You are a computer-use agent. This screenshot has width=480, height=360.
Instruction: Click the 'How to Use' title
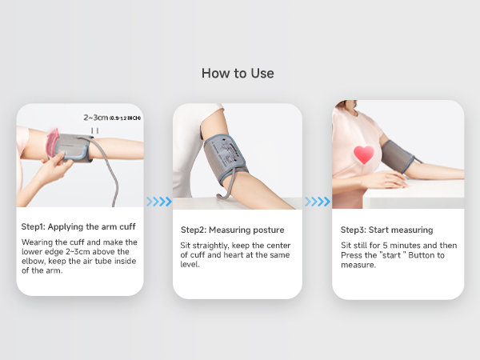(x=238, y=74)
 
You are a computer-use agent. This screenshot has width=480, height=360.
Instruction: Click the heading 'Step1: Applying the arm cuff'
(x=78, y=226)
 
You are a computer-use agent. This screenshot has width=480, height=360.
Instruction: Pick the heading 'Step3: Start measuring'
(x=386, y=230)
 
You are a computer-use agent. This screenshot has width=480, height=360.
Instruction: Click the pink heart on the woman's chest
(x=364, y=155)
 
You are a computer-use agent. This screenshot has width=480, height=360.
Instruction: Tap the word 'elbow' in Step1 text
(x=35, y=259)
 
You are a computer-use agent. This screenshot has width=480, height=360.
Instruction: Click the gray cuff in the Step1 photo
(x=76, y=148)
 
